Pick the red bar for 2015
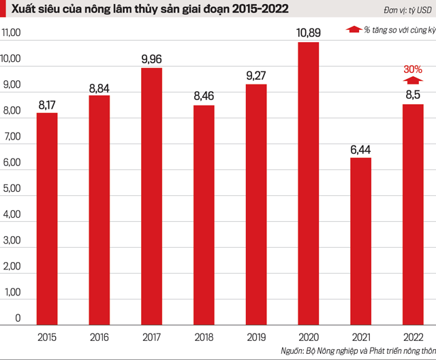click(x=47, y=218)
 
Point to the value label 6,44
click(x=361, y=149)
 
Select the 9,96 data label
click(x=152, y=59)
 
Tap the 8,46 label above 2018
click(x=204, y=97)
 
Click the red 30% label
click(x=413, y=69)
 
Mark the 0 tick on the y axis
click(x=18, y=318)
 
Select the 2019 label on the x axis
click(x=256, y=336)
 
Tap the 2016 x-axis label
click(x=99, y=336)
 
